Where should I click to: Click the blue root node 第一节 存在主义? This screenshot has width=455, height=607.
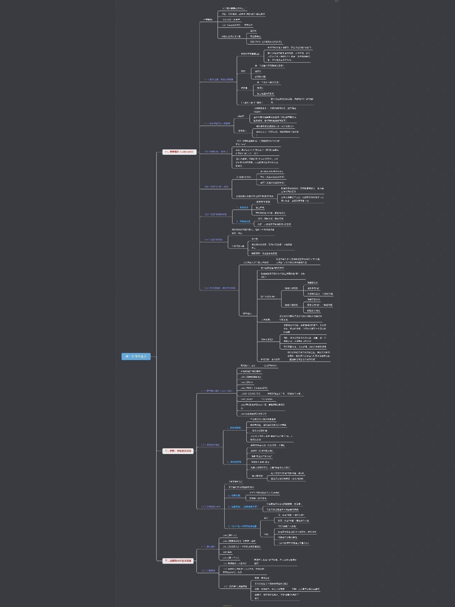pos(136,356)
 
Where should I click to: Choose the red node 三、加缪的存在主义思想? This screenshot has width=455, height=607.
pos(178,561)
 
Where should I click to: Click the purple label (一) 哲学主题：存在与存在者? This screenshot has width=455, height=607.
pos(219,79)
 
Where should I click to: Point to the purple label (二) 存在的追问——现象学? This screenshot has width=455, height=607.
pos(217,123)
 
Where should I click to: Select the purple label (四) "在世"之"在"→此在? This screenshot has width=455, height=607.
pos(216,186)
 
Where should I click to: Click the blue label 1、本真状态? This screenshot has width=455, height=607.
pos(242,207)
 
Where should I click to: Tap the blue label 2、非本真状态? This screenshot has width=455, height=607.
pos(243,221)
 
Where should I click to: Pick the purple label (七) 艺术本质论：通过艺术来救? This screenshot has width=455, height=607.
pos(219,288)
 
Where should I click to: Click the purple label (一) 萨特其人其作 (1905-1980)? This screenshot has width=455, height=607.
pos(216,391)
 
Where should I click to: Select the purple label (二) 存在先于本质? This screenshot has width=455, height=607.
pos(210,445)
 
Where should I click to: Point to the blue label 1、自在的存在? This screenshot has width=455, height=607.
pos(234,428)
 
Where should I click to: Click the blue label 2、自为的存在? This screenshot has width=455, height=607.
pos(234,462)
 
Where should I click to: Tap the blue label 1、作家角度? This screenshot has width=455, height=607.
pos(234,495)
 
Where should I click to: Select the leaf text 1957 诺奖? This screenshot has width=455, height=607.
pos(227,552)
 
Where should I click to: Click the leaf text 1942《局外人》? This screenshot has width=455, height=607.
pos(230,535)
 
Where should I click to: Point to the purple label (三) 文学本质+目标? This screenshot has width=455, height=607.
pos(211,507)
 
